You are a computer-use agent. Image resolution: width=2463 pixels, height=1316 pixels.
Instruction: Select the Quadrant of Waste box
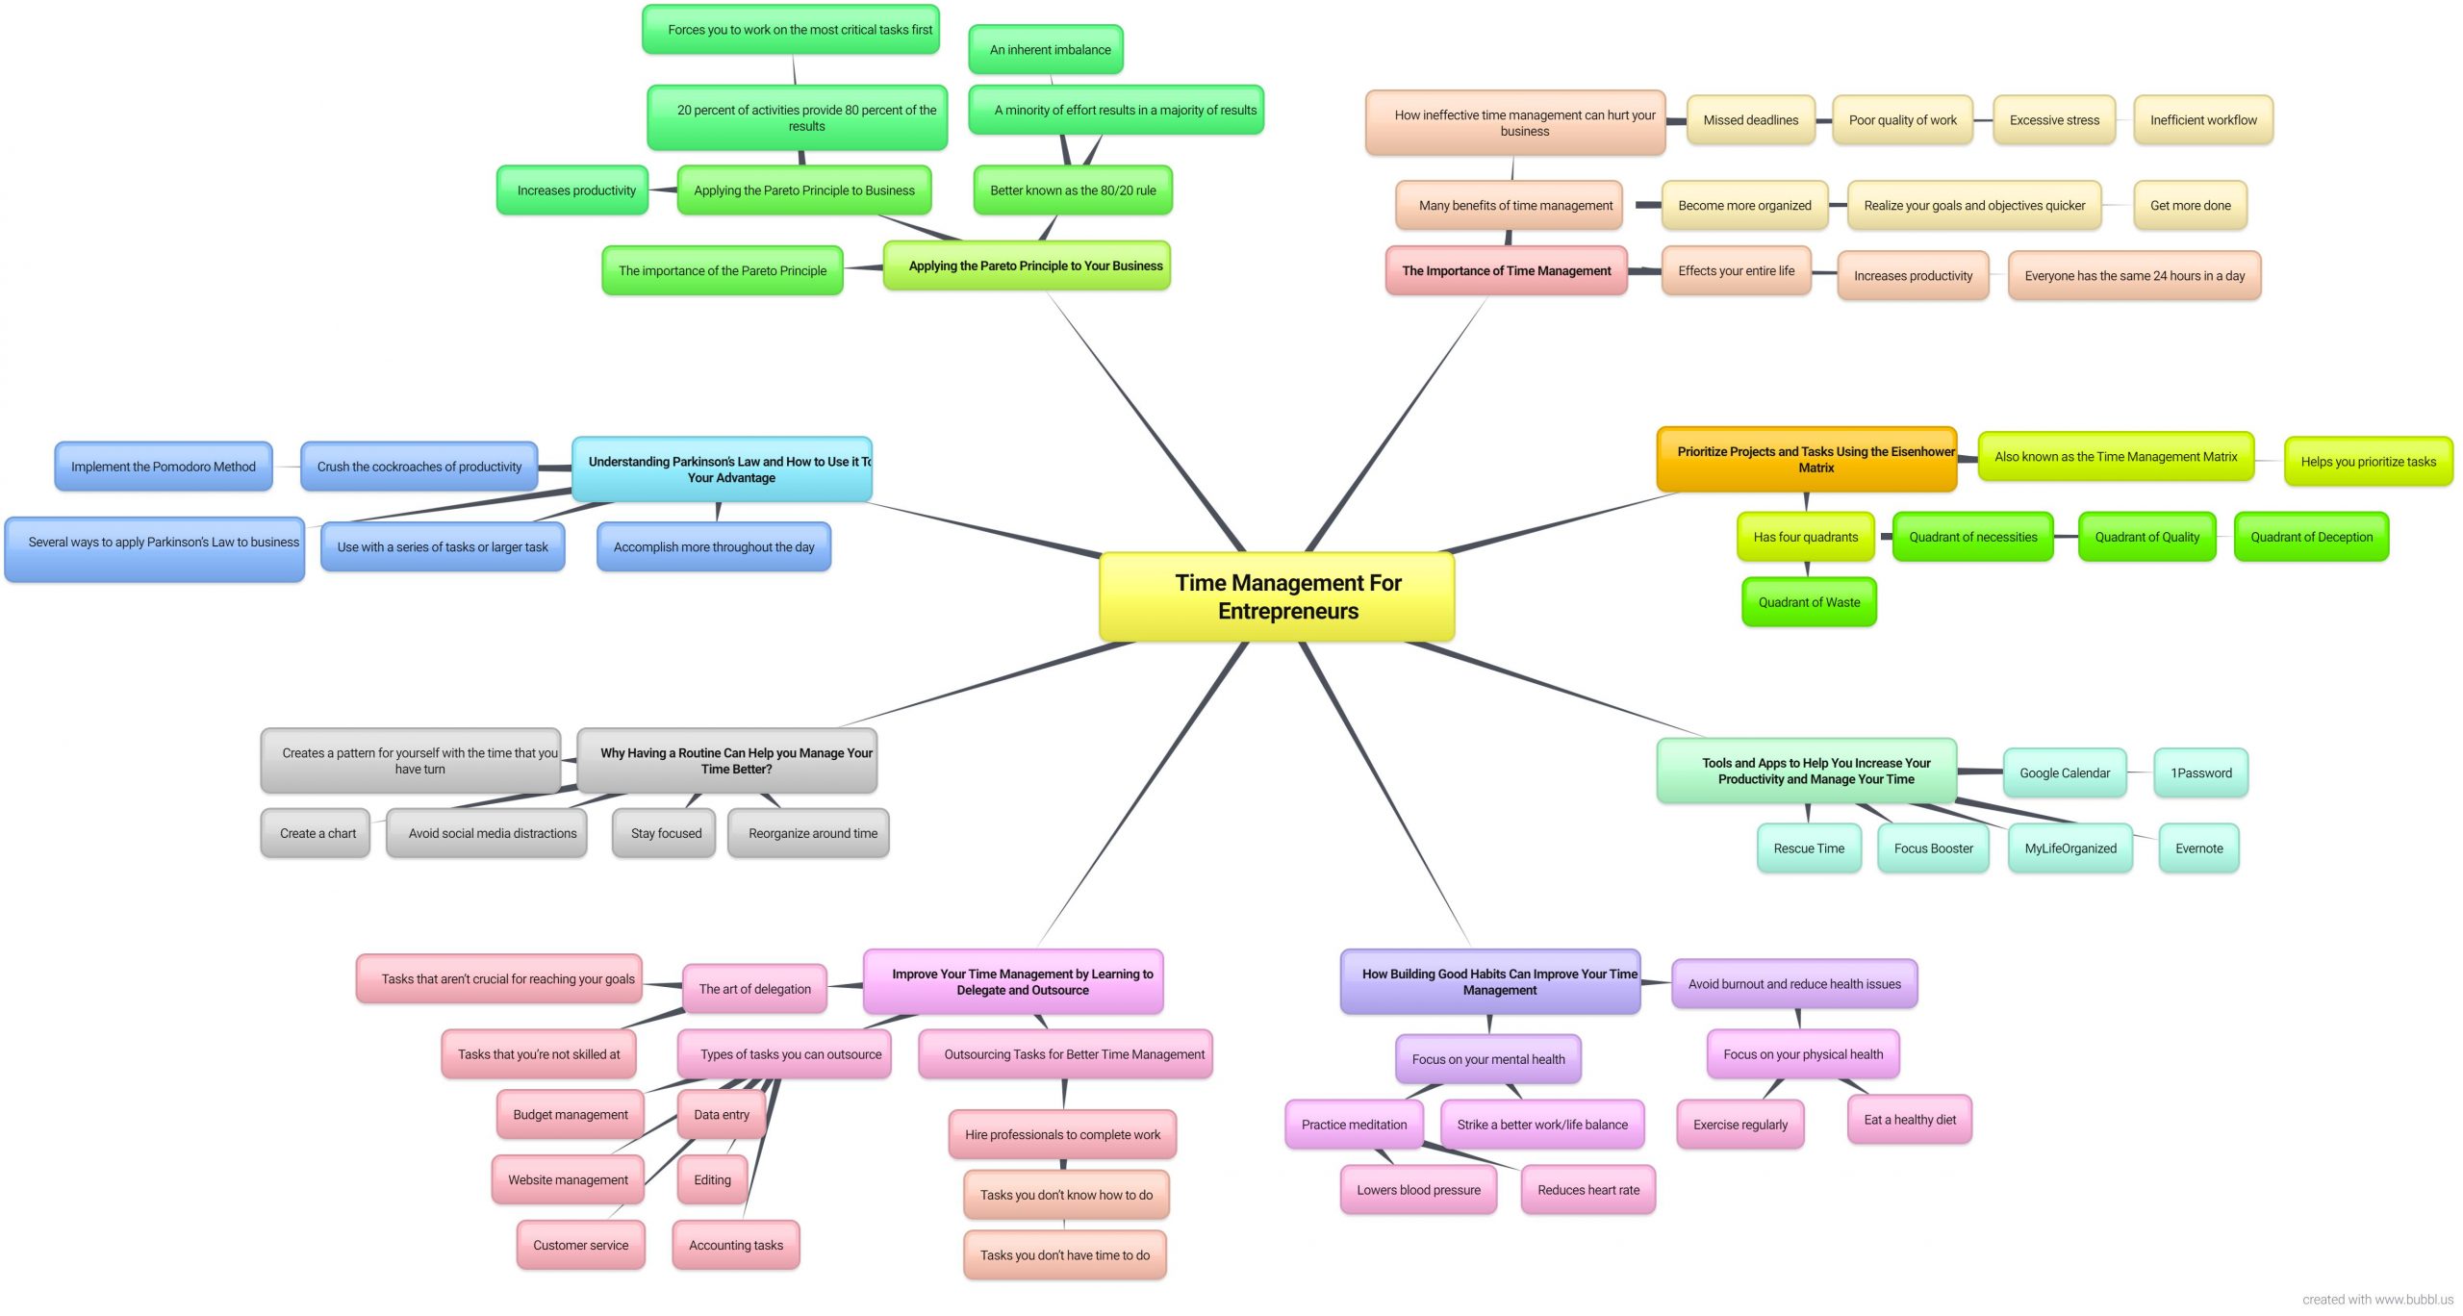[x=1809, y=602]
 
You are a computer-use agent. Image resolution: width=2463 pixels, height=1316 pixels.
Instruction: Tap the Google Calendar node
[x=2065, y=772]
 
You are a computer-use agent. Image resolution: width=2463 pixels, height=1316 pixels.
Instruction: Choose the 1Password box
[x=2201, y=772]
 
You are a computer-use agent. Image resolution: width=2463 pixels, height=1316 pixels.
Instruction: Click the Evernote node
[x=2199, y=848]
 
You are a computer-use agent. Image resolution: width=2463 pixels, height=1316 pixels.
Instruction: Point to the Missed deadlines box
[x=1751, y=120]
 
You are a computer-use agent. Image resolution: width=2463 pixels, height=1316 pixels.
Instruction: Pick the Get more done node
[x=2191, y=205]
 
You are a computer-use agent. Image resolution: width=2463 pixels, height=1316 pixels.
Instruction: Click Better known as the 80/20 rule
[x=1073, y=190]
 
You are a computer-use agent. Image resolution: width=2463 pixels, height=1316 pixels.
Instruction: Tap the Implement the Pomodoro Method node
[x=164, y=467]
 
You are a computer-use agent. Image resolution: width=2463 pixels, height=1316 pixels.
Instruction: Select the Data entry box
[x=722, y=1114]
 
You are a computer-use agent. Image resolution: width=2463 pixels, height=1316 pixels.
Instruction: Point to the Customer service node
[x=581, y=1245]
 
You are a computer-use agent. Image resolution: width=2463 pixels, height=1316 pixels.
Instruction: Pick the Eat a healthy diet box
[x=1910, y=1120]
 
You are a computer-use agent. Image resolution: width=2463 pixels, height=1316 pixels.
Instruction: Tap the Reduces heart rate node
[x=1588, y=1190]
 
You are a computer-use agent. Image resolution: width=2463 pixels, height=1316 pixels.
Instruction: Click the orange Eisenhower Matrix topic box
[x=1807, y=460]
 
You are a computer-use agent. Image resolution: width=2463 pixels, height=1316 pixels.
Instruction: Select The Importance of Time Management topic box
[x=1507, y=270]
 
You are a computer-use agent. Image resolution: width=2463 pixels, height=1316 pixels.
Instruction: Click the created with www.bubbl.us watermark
[x=2378, y=1300]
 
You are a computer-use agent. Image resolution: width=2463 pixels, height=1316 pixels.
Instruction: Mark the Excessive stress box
[x=2054, y=120]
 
